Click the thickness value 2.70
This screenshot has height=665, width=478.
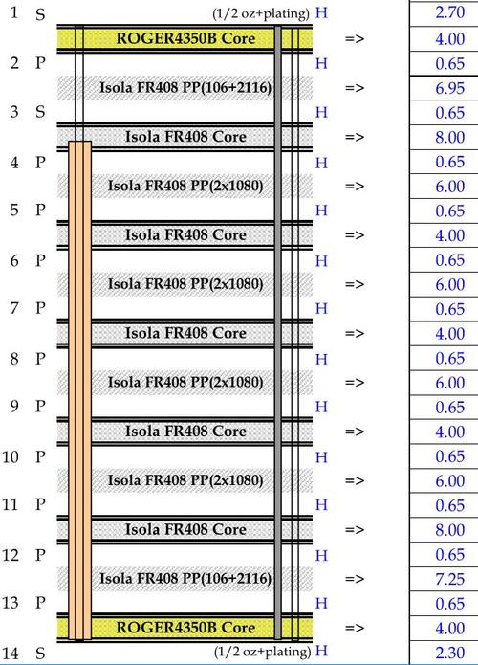pyautogui.click(x=449, y=12)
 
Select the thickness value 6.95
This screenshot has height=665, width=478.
pyautogui.click(x=449, y=88)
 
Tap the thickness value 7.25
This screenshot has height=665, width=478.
pyautogui.click(x=449, y=579)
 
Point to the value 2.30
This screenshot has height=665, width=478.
pyautogui.click(x=449, y=653)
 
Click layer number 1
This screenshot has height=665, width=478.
pyautogui.click(x=14, y=12)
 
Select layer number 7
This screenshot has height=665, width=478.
pyautogui.click(x=14, y=308)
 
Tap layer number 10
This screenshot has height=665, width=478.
pyautogui.click(x=11, y=456)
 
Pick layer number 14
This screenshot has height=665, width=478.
pyautogui.click(x=11, y=653)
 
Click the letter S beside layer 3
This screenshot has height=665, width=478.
pyautogui.click(x=40, y=112)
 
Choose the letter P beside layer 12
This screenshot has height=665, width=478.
pyautogui.click(x=40, y=555)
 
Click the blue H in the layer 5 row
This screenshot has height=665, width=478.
pyautogui.click(x=321, y=211)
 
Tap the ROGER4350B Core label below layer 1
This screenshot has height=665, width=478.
pyautogui.click(x=185, y=38)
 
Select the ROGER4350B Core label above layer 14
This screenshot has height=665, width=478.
pyautogui.click(x=185, y=628)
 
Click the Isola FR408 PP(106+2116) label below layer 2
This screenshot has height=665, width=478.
pyautogui.click(x=185, y=88)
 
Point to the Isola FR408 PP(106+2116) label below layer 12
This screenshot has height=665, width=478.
pyautogui.click(x=185, y=578)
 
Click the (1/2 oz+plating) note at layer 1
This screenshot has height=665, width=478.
pyautogui.click(x=261, y=13)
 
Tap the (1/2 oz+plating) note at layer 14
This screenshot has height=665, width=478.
pyautogui.click(x=262, y=652)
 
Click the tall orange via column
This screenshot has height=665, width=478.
pyautogui.click(x=80, y=390)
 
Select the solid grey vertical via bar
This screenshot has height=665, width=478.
pyautogui.click(x=278, y=333)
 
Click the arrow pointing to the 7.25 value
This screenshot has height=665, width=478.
pyautogui.click(x=355, y=579)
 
